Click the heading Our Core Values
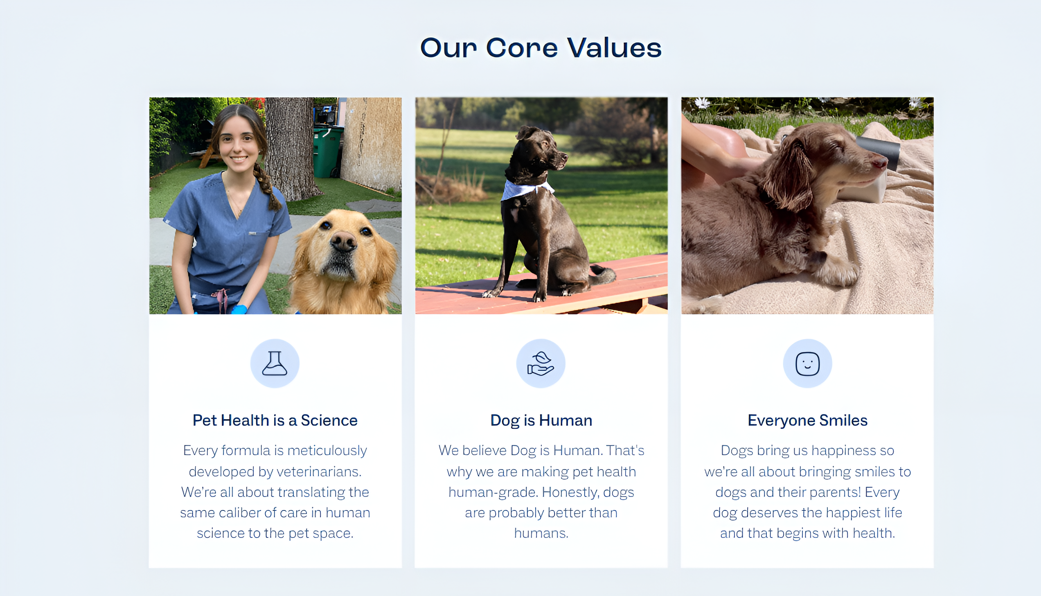click(x=541, y=48)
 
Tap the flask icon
click(x=275, y=363)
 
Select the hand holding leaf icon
click(x=541, y=363)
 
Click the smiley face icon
click(x=807, y=363)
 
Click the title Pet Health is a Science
click(x=275, y=420)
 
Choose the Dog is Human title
click(x=541, y=421)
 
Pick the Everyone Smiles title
click(x=807, y=421)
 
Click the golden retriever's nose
click(x=343, y=242)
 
